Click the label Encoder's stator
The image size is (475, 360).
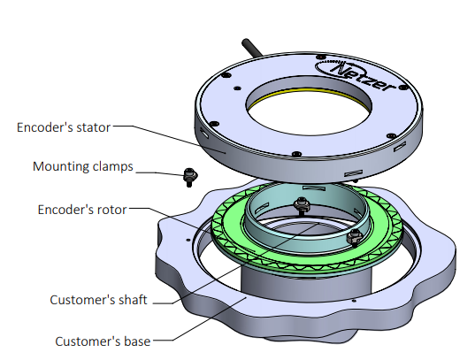click(64, 127)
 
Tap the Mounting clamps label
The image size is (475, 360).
click(83, 166)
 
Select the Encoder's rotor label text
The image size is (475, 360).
click(82, 210)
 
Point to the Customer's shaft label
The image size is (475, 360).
click(98, 300)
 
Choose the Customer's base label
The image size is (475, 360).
click(103, 341)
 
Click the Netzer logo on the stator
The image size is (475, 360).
click(356, 74)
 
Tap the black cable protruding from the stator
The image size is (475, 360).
click(251, 47)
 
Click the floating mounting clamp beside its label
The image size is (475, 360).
click(190, 177)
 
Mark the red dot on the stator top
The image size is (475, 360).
click(320, 57)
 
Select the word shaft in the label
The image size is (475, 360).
click(133, 300)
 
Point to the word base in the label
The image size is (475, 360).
click(137, 341)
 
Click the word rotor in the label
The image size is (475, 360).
click(111, 210)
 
